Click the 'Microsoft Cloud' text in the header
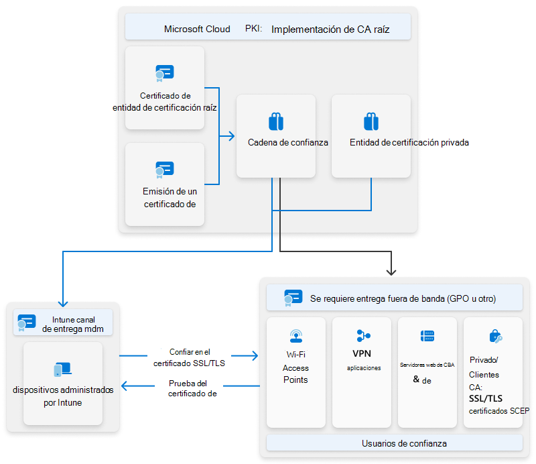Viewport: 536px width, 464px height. pyautogui.click(x=197, y=30)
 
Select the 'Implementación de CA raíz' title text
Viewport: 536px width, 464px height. pyautogui.click(x=330, y=30)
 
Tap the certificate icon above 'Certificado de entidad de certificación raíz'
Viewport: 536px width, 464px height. pyautogui.click(x=164, y=72)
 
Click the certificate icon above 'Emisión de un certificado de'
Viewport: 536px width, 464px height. pyautogui.click(x=164, y=170)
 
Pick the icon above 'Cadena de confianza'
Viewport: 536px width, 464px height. pyautogui.click(x=276, y=121)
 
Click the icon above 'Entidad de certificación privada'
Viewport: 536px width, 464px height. pyautogui.click(x=371, y=121)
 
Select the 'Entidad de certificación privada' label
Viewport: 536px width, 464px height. pyautogui.click(x=409, y=143)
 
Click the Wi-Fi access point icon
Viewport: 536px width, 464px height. pyautogui.click(x=295, y=336)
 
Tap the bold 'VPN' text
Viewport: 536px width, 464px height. pyautogui.click(x=362, y=353)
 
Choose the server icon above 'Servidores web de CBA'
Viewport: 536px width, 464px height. pyautogui.click(x=427, y=336)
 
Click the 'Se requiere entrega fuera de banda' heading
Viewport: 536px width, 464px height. pyautogui.click(x=403, y=298)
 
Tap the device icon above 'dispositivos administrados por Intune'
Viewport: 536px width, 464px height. pyautogui.click(x=62, y=369)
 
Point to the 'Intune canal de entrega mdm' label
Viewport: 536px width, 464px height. pyautogui.click(x=73, y=324)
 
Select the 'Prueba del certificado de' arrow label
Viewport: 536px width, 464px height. pyautogui.click(x=192, y=389)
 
